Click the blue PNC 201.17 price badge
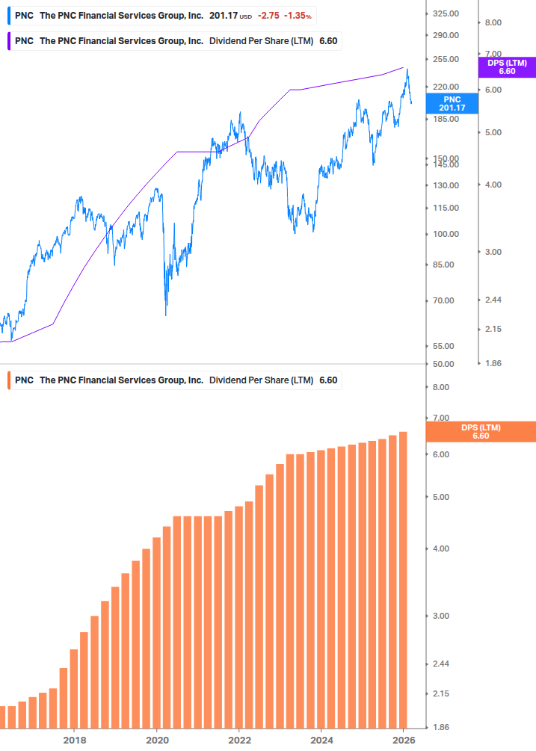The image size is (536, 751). click(x=452, y=104)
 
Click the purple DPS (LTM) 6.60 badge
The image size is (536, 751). click(x=507, y=67)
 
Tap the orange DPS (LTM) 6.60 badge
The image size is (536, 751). click(x=480, y=432)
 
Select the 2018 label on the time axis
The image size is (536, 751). click(x=74, y=740)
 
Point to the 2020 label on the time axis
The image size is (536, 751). click(x=156, y=740)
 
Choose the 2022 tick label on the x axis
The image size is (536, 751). click(x=238, y=740)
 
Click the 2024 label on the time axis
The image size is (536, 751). click(x=321, y=740)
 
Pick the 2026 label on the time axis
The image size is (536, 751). click(x=404, y=740)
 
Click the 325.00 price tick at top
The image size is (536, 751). click(x=446, y=14)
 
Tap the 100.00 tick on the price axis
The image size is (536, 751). click(x=446, y=235)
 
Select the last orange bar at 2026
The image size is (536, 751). click(x=403, y=579)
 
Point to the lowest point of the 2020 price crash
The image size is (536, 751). click(x=166, y=315)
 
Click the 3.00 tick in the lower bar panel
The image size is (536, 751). click(x=441, y=616)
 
